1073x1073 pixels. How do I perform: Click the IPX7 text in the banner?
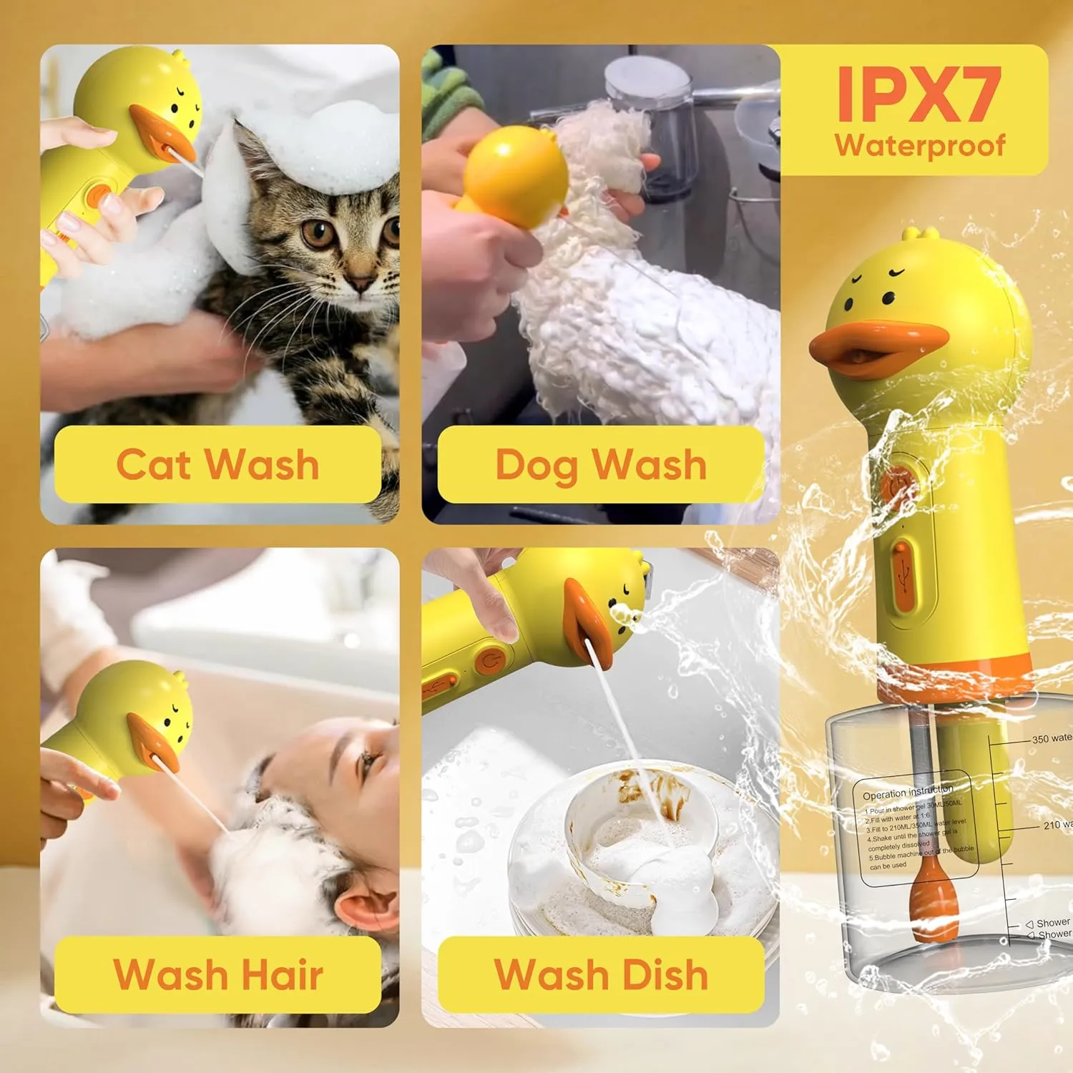[918, 94]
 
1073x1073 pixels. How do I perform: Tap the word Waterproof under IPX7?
[920, 145]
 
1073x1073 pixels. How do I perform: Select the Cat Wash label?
[217, 464]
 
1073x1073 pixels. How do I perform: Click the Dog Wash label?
[601, 464]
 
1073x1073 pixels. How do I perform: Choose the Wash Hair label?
[217, 974]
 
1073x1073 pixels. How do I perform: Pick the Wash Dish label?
[601, 974]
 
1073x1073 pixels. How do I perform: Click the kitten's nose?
[361, 280]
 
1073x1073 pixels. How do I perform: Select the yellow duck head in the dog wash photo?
[515, 175]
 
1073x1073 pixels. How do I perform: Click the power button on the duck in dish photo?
[490, 661]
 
